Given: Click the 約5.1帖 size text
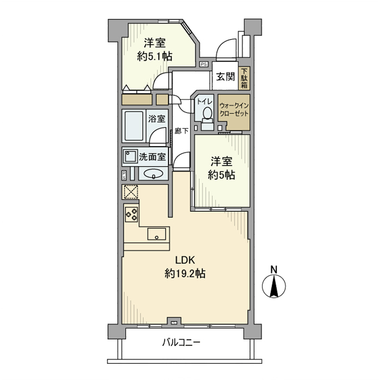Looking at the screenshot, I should coord(156,55).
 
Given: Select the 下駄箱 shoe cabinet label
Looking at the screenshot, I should coord(244,78).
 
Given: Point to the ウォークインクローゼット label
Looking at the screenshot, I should coord(233,110).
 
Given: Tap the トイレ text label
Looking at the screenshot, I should coord(205,102).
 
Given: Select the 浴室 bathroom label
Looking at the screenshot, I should coord(157,118).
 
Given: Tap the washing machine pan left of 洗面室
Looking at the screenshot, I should coord(130,157).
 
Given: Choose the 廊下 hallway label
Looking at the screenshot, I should coord(181,131).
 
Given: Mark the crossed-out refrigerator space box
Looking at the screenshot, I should coord(131,192).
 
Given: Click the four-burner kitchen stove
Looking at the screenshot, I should coord(131,214).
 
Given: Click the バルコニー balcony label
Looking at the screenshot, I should coord(181,343).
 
